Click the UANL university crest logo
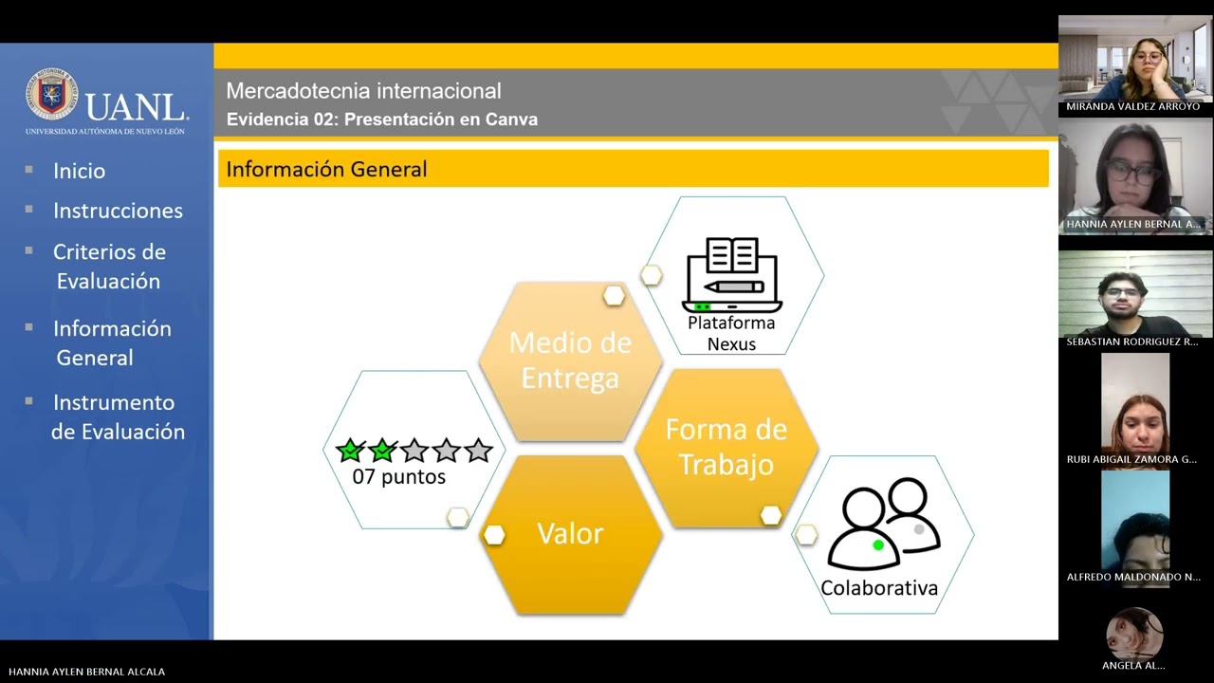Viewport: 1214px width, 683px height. (x=51, y=94)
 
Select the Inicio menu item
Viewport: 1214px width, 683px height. (x=79, y=171)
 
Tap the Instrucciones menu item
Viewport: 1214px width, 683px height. (x=118, y=211)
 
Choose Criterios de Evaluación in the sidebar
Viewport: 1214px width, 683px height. (x=108, y=267)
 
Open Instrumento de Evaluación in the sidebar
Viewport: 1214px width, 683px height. (x=117, y=416)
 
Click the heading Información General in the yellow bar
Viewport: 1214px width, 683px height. (x=326, y=169)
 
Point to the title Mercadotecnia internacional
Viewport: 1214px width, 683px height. (x=363, y=91)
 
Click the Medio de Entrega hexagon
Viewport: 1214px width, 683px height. (x=570, y=360)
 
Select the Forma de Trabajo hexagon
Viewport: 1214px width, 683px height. (x=726, y=447)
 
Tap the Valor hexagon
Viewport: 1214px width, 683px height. (x=570, y=534)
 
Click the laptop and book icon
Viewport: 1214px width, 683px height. (x=732, y=275)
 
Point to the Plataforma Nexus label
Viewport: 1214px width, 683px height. (x=731, y=333)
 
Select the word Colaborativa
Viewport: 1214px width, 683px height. (x=879, y=588)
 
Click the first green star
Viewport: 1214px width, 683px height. (x=349, y=451)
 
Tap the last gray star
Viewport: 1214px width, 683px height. (x=479, y=451)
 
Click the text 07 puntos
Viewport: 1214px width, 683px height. (x=398, y=477)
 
